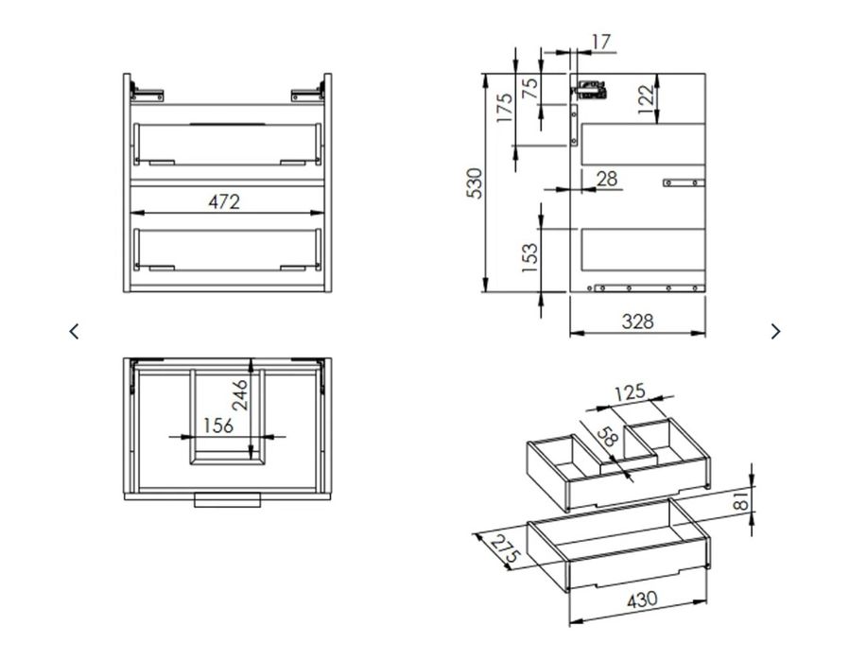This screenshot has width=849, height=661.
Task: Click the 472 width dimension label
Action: pyautogui.click(x=224, y=202)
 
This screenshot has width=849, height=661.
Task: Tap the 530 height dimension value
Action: pyautogui.click(x=475, y=183)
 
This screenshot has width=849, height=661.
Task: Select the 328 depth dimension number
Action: pyautogui.click(x=638, y=322)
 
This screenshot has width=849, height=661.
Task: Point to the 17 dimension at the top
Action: pyautogui.click(x=601, y=42)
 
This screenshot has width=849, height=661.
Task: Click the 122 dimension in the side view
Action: pyautogui.click(x=646, y=99)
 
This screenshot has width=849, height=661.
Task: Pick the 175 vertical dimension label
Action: pyautogui.click(x=504, y=108)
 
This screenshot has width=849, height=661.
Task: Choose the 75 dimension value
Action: pyautogui.click(x=530, y=88)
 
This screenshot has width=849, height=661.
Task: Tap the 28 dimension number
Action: pyautogui.click(x=606, y=179)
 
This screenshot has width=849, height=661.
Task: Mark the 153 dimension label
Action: pyautogui.click(x=530, y=257)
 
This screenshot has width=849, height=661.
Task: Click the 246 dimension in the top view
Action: pyautogui.click(x=239, y=395)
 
